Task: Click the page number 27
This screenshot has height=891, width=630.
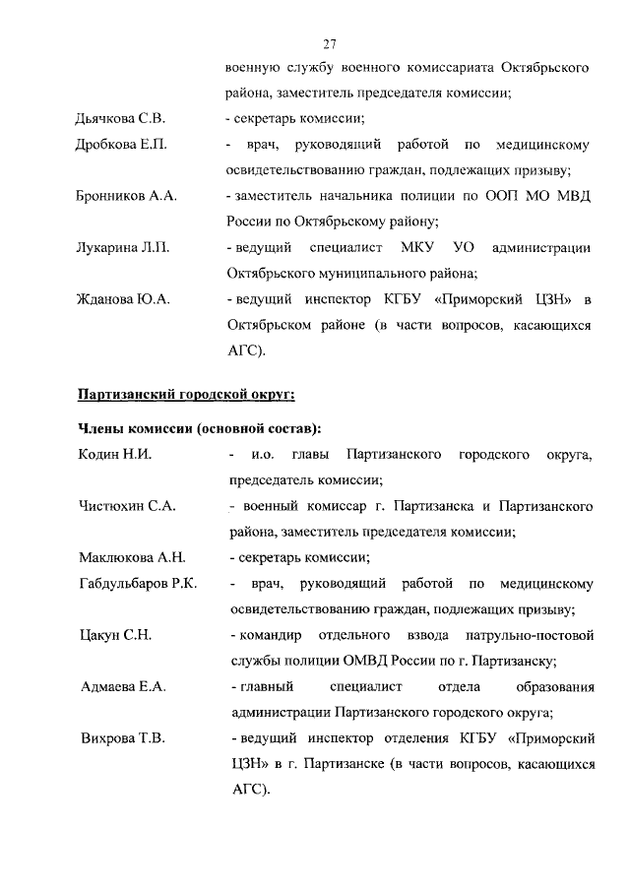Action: (x=330, y=43)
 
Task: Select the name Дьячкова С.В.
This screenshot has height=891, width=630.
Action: (x=121, y=120)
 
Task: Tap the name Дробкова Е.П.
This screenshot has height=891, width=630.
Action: (x=121, y=146)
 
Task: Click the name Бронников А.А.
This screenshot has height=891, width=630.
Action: (x=126, y=197)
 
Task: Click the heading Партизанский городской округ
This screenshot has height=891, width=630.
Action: (x=186, y=395)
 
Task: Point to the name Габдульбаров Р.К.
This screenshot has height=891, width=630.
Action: (x=138, y=584)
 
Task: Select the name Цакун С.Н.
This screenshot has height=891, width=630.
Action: (x=114, y=634)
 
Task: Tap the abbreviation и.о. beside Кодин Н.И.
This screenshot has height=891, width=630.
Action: (x=263, y=455)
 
